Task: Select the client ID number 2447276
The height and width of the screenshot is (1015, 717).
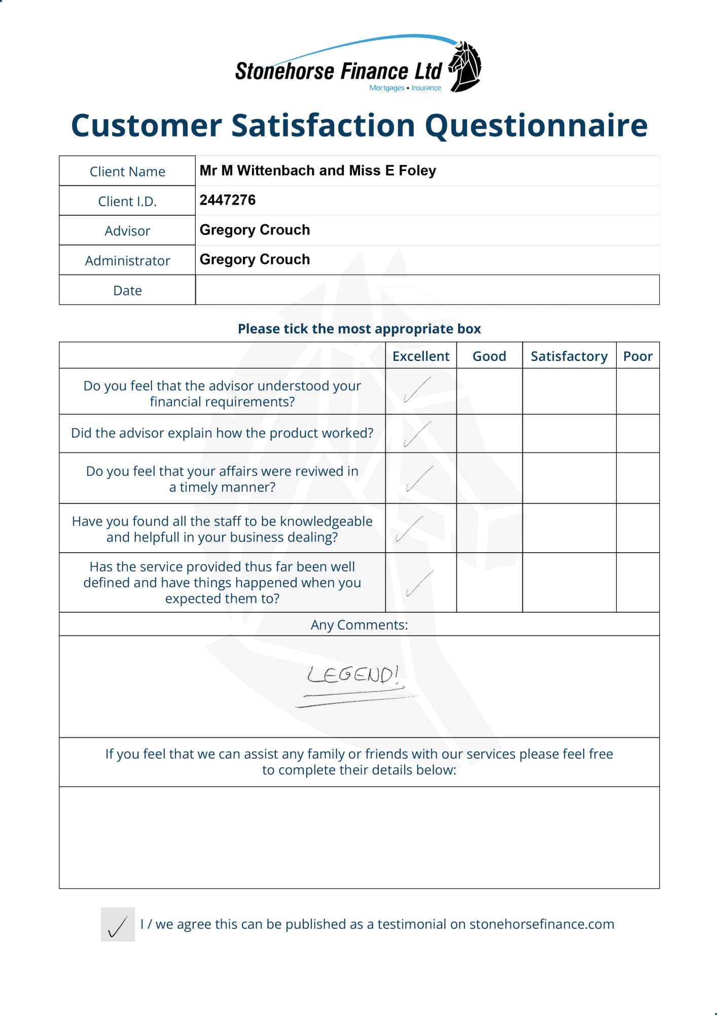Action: coord(228,200)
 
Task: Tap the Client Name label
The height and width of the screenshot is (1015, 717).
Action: coord(127,172)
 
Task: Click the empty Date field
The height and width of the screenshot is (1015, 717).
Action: coord(427,290)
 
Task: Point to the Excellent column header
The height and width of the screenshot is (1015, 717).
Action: coord(421,356)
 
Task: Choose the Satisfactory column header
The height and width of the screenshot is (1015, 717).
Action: coord(569,356)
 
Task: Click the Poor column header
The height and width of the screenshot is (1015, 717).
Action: coord(637,356)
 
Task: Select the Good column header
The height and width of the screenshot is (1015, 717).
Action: coord(489,356)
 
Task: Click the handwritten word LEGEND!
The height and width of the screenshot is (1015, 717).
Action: coord(353,675)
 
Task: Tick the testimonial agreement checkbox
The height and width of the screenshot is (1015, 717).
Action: coord(118,924)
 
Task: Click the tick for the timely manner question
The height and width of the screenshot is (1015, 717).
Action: coord(419,479)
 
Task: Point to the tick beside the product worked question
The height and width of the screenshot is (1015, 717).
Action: coord(417,434)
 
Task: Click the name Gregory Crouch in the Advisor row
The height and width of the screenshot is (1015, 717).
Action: coord(255,230)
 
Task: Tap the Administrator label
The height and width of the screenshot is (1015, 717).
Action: coord(127,261)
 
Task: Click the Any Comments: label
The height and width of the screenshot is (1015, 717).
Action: coord(359,625)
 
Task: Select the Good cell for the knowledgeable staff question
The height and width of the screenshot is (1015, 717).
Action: coord(489,528)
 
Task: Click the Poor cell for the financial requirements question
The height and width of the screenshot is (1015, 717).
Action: coord(637,391)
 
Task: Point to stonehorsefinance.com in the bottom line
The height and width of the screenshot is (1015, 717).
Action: coord(542,924)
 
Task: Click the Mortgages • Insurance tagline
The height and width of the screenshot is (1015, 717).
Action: coord(405,88)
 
